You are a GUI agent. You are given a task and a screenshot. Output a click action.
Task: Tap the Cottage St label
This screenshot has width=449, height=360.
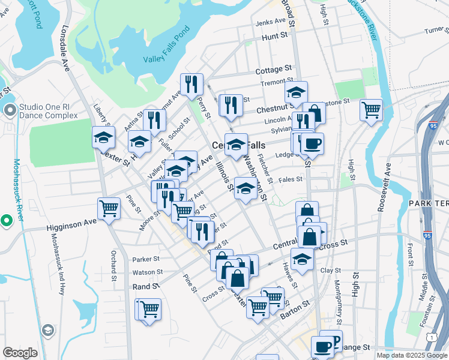273,70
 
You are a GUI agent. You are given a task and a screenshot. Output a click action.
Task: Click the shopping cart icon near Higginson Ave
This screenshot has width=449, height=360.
109,209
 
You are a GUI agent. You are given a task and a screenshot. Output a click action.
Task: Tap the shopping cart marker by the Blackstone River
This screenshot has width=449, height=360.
372,110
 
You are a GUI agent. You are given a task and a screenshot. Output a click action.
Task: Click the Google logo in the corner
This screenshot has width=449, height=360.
20,353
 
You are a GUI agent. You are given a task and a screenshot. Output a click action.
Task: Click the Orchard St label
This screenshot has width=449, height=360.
113,265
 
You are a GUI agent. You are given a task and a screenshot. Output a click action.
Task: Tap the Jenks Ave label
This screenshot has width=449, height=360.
271,22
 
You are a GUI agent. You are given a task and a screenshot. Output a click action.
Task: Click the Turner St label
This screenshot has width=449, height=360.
436,30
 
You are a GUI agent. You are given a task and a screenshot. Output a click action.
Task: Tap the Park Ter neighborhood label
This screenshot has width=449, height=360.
429,204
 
